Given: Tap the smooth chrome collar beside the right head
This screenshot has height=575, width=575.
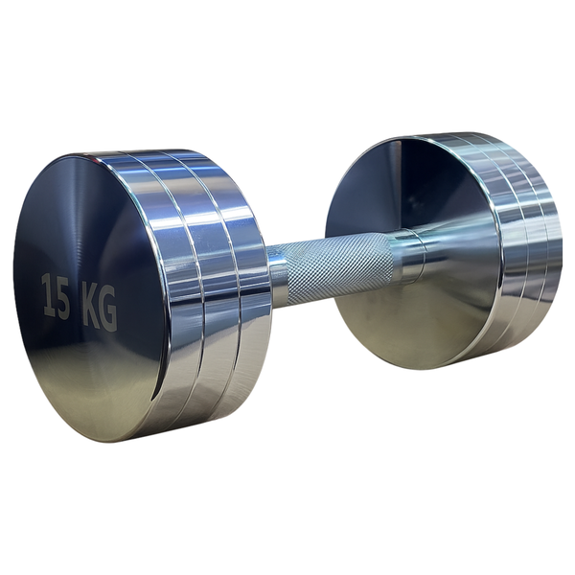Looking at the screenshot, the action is (410, 257).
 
